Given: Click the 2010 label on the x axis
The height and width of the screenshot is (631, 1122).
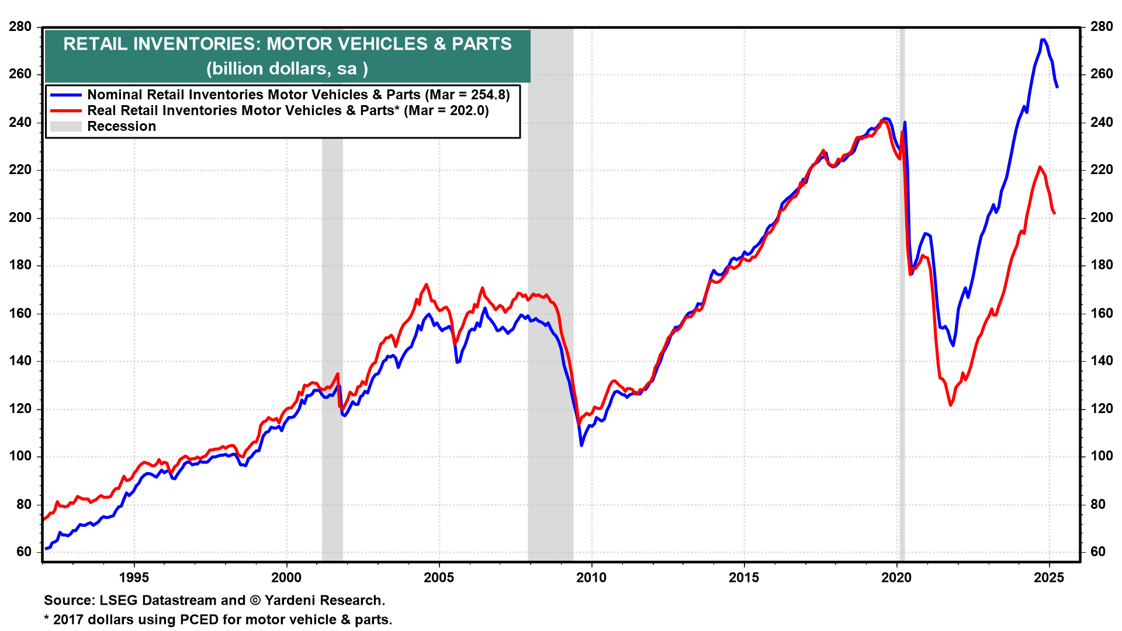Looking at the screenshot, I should click(591, 578).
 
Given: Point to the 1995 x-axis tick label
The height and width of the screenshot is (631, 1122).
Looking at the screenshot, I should click(134, 578).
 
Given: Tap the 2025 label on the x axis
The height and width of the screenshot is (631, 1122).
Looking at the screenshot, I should click(1049, 578).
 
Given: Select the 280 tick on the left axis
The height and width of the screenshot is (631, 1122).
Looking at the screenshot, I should click(20, 27).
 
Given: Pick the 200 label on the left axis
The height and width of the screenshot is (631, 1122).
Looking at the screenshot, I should click(20, 218).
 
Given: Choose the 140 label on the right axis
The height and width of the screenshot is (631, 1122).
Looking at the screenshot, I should click(1101, 361).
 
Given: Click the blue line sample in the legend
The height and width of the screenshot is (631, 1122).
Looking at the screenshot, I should click(65, 95).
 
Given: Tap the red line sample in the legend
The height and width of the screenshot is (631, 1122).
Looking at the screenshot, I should click(65, 110).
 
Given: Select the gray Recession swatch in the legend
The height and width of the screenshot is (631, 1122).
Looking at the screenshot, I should click(65, 126).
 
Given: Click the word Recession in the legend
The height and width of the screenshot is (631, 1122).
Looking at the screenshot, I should click(122, 127).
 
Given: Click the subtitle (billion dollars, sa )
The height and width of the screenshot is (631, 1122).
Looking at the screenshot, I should click(287, 68).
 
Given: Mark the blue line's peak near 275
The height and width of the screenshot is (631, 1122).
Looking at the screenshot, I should click(1043, 40).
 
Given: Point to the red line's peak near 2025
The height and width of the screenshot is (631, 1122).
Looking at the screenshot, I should click(1040, 167).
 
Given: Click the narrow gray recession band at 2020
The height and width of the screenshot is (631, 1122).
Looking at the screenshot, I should click(902, 292).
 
